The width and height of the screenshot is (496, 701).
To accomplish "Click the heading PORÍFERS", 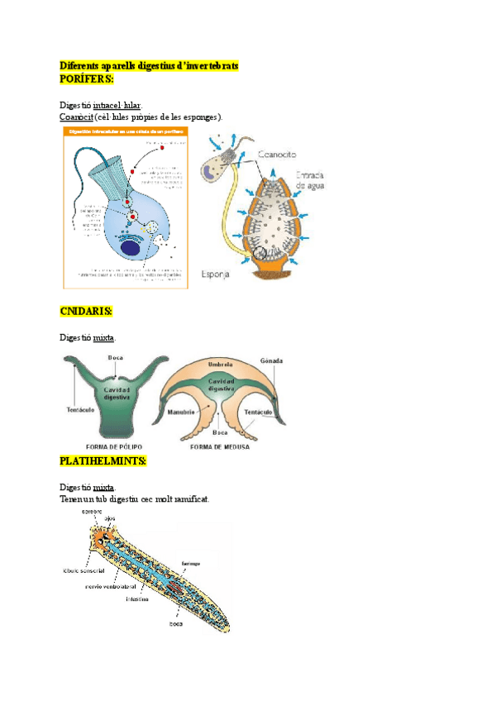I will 87,78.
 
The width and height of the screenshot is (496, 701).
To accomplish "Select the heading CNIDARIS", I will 86,311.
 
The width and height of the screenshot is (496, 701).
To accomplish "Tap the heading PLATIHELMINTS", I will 103,460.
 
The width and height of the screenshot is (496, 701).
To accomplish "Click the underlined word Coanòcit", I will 76,117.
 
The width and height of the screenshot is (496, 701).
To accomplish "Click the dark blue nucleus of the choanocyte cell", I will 130,247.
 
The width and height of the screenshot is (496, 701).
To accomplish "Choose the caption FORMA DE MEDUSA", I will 221,447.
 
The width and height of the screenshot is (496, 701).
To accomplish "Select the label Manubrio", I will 180,411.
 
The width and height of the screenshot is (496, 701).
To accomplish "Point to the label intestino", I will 137,598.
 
